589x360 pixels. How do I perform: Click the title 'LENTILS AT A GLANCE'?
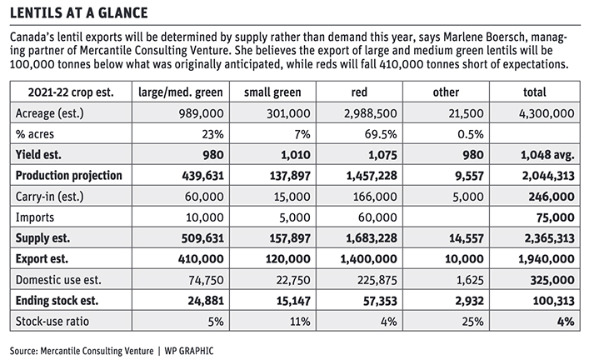point(79,12)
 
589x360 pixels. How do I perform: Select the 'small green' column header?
point(272,92)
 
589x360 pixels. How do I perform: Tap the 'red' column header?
point(359,92)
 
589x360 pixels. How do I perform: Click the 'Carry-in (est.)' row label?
point(50,197)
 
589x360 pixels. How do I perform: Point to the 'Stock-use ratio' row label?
point(52,322)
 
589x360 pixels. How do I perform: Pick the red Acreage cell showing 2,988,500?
point(371,113)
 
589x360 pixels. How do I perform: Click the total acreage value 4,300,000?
point(547,113)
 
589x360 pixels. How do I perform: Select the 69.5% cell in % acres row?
point(381,134)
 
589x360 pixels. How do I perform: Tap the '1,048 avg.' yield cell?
point(547,155)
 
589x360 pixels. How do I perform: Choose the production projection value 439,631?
point(202,176)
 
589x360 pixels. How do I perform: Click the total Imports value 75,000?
point(556,217)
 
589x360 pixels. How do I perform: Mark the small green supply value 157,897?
point(290,238)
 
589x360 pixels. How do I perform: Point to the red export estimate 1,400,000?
point(368,259)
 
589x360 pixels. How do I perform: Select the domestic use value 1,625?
point(472,280)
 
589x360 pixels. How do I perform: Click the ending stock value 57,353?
point(380,301)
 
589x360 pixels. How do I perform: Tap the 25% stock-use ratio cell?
point(473,322)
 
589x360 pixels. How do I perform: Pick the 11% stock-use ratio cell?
point(300,322)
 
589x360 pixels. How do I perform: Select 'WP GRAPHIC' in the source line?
point(189,351)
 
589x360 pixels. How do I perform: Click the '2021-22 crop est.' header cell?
point(71,92)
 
